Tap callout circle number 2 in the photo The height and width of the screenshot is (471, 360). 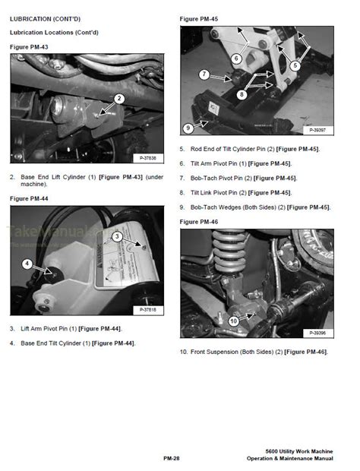pyautogui.click(x=119, y=99)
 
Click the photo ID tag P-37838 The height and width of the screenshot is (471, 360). pyautogui.click(x=150, y=157)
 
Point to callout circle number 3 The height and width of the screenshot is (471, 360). pyautogui.click(x=117, y=237)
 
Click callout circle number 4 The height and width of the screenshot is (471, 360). pyautogui.click(x=26, y=264)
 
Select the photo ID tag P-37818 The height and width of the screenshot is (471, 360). pyautogui.click(x=150, y=309)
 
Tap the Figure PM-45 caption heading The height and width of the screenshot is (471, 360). pyautogui.click(x=197, y=17)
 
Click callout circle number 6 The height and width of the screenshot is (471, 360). pyautogui.click(x=236, y=58)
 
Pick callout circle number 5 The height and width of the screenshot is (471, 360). pyautogui.click(x=295, y=66)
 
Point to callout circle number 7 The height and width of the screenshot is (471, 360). pyautogui.click(x=204, y=74)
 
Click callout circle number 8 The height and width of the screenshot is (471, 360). pyautogui.click(x=242, y=95)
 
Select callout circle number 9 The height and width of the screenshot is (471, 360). pyautogui.click(x=188, y=128)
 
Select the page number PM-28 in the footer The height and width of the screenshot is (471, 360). pyautogui.click(x=171, y=458)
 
